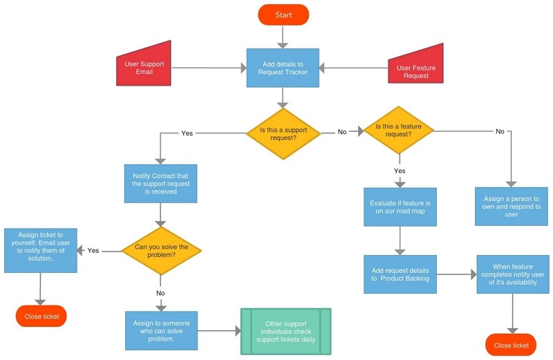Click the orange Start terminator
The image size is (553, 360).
click(x=283, y=15)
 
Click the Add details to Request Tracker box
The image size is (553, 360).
click(x=283, y=68)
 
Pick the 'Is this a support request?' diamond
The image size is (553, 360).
click(x=283, y=132)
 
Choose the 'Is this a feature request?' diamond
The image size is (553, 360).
click(x=399, y=131)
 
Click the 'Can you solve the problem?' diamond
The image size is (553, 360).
click(x=161, y=250)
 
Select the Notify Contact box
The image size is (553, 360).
click(x=160, y=183)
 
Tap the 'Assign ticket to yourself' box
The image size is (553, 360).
click(x=40, y=250)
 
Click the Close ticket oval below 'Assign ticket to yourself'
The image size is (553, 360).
click(x=41, y=316)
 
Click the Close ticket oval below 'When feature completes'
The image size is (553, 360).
click(x=512, y=345)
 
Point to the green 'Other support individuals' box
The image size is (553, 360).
click(x=285, y=331)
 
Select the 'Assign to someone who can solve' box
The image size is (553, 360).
click(x=161, y=330)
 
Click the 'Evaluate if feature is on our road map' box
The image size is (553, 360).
click(x=400, y=207)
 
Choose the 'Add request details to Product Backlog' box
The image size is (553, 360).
click(x=400, y=274)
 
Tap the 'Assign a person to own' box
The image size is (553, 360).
click(x=511, y=206)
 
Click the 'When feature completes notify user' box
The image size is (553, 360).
click(x=511, y=274)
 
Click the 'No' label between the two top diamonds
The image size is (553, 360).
click(x=342, y=131)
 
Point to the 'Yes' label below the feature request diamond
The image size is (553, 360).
click(x=400, y=170)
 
